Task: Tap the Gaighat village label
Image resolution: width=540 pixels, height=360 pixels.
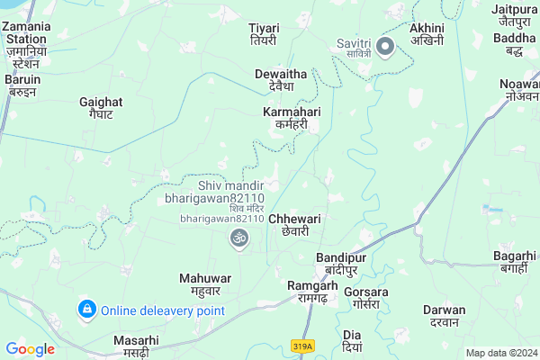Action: (x=95, y=108)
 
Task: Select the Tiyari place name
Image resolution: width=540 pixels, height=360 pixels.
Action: (x=264, y=34)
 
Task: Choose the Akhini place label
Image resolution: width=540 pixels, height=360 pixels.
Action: (x=428, y=34)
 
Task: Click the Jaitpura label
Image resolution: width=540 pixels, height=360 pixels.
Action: (x=515, y=15)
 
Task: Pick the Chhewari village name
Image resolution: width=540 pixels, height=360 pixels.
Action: (x=294, y=224)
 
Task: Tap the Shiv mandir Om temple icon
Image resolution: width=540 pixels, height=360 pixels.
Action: (x=238, y=238)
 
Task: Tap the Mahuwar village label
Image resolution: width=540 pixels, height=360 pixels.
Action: (x=205, y=283)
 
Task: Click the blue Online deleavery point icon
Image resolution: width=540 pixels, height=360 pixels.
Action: (x=86, y=310)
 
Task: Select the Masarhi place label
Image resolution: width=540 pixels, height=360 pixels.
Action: (x=136, y=346)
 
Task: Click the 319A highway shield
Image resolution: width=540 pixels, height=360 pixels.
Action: (x=303, y=346)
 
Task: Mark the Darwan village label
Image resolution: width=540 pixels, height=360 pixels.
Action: (x=444, y=316)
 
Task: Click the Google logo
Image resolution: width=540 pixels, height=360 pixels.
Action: (x=31, y=349)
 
